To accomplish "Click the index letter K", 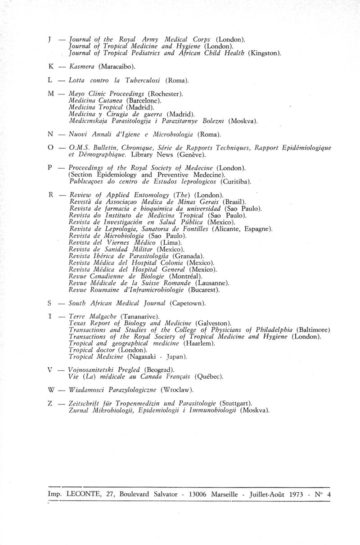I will point(51,66).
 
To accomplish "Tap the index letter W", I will point(50,389).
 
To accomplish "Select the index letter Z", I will point(50,403).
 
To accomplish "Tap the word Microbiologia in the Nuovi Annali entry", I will point(171,134).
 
